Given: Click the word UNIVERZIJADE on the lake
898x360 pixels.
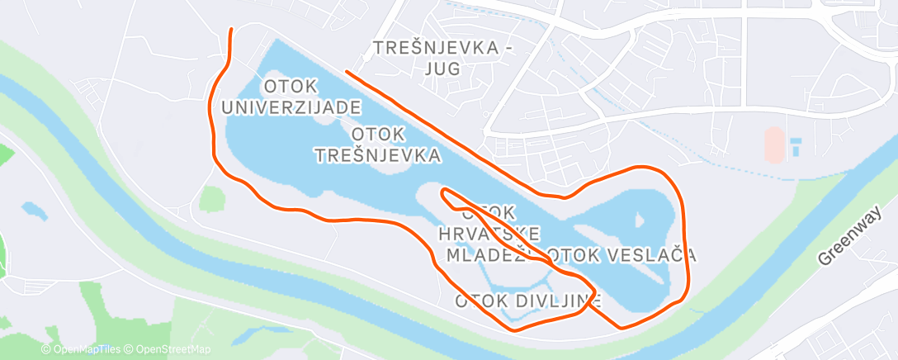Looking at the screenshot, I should (x=291, y=107).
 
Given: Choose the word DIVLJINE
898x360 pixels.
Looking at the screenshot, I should (x=550, y=301).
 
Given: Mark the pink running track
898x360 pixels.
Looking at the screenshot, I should (x=773, y=145).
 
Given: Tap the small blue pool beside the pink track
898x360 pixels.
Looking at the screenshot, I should (x=796, y=148).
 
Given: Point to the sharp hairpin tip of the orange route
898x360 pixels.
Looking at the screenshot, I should (x=444, y=193).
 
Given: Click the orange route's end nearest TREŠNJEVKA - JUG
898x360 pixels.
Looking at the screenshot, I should (x=347, y=73).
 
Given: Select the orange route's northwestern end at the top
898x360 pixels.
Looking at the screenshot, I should (x=231, y=30).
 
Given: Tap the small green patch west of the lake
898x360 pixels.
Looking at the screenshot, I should (x=211, y=199).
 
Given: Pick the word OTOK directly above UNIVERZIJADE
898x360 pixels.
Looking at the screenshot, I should (x=287, y=86).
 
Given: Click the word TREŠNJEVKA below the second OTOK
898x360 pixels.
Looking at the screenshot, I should (x=378, y=154).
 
